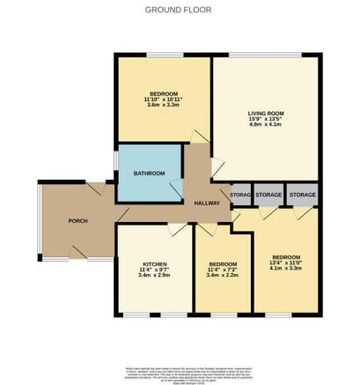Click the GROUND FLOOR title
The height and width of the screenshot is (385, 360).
180,9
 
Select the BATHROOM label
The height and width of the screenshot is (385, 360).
149,174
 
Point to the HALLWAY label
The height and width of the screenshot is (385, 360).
206,203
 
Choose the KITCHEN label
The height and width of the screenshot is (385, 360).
149,263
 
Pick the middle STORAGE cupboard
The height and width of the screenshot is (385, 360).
269,195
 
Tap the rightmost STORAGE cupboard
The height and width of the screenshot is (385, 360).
302,195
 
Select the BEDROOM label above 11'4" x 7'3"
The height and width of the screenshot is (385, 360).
223,263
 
